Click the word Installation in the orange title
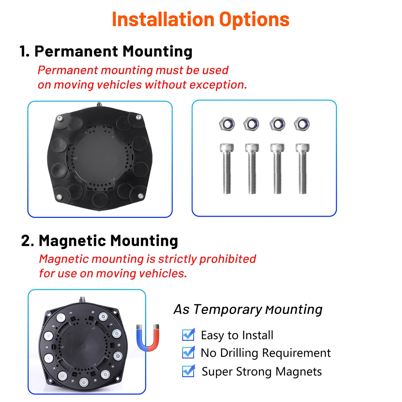[163, 19]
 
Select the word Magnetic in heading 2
[72, 241]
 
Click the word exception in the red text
[218, 85]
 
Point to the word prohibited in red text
[228, 259]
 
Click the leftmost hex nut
[227, 124]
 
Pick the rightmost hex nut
[302, 124]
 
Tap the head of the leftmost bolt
[227, 148]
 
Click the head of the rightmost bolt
[303, 148]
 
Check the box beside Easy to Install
[188, 335]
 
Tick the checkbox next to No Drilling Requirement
[188, 353]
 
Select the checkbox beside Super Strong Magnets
[188, 371]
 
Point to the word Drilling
[239, 353]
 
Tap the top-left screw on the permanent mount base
[60, 118]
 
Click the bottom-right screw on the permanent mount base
[141, 196]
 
